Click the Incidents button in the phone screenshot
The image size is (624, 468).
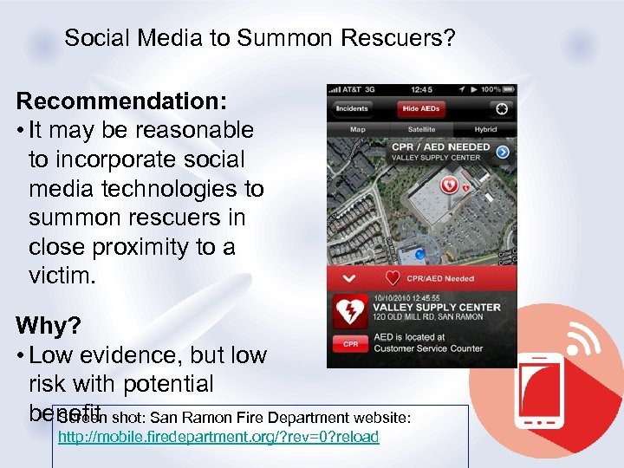click(x=353, y=108)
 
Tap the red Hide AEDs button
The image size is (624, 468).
click(x=421, y=108)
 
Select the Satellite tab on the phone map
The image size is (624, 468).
click(x=422, y=130)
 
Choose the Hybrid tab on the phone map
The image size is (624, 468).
click(x=485, y=130)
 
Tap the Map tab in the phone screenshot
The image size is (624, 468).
click(x=357, y=130)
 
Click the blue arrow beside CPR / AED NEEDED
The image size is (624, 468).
click(x=502, y=152)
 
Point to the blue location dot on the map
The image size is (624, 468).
click(x=419, y=254)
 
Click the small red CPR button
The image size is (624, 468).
click(x=350, y=344)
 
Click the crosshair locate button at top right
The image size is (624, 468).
click(x=500, y=108)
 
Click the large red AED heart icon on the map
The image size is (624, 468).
click(x=450, y=185)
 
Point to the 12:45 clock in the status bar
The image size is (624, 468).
click(x=422, y=90)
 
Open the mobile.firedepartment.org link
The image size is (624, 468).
click(x=218, y=437)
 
